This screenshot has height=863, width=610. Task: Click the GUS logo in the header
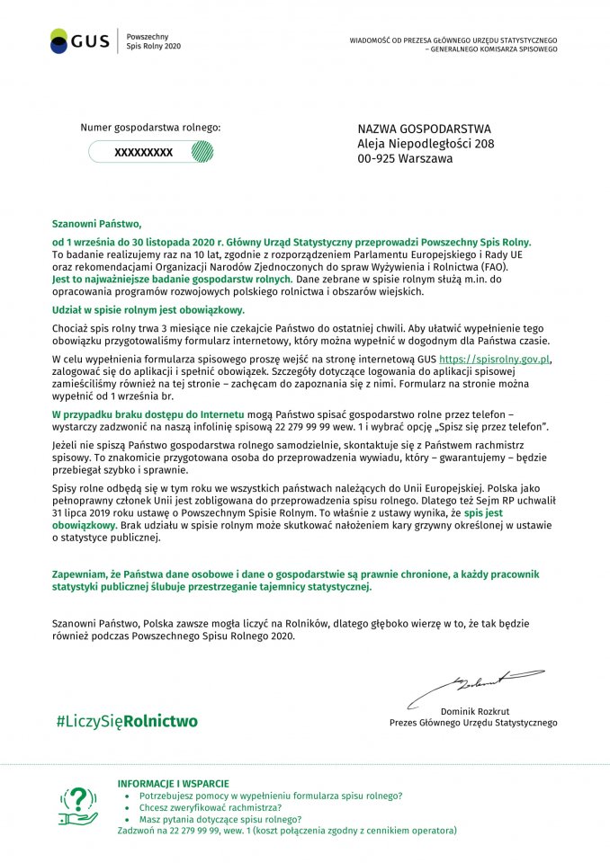[80, 40]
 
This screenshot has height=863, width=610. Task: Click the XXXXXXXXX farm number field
[143, 153]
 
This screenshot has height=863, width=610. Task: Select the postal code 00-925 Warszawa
[405, 158]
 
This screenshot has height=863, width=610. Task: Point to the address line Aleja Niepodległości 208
[426, 144]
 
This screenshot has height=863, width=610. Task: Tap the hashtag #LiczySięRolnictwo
[126, 721]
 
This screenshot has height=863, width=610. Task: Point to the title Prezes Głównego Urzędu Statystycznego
[473, 723]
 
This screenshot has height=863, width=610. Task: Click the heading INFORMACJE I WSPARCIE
[173, 784]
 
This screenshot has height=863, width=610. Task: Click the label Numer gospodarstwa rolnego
[150, 129]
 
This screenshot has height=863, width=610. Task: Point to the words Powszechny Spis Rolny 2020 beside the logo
[153, 40]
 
